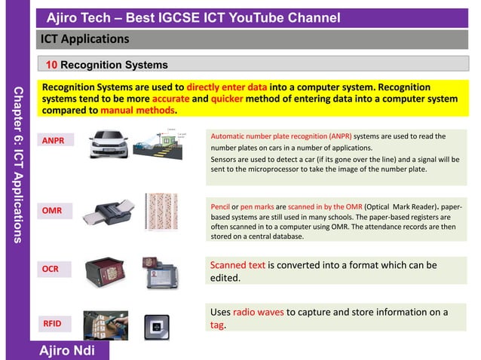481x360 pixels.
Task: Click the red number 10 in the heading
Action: tap(52, 65)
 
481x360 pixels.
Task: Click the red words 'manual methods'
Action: tap(139, 110)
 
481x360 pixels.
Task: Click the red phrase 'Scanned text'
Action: tap(237, 265)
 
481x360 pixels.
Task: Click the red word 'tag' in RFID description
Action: tap(216, 325)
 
